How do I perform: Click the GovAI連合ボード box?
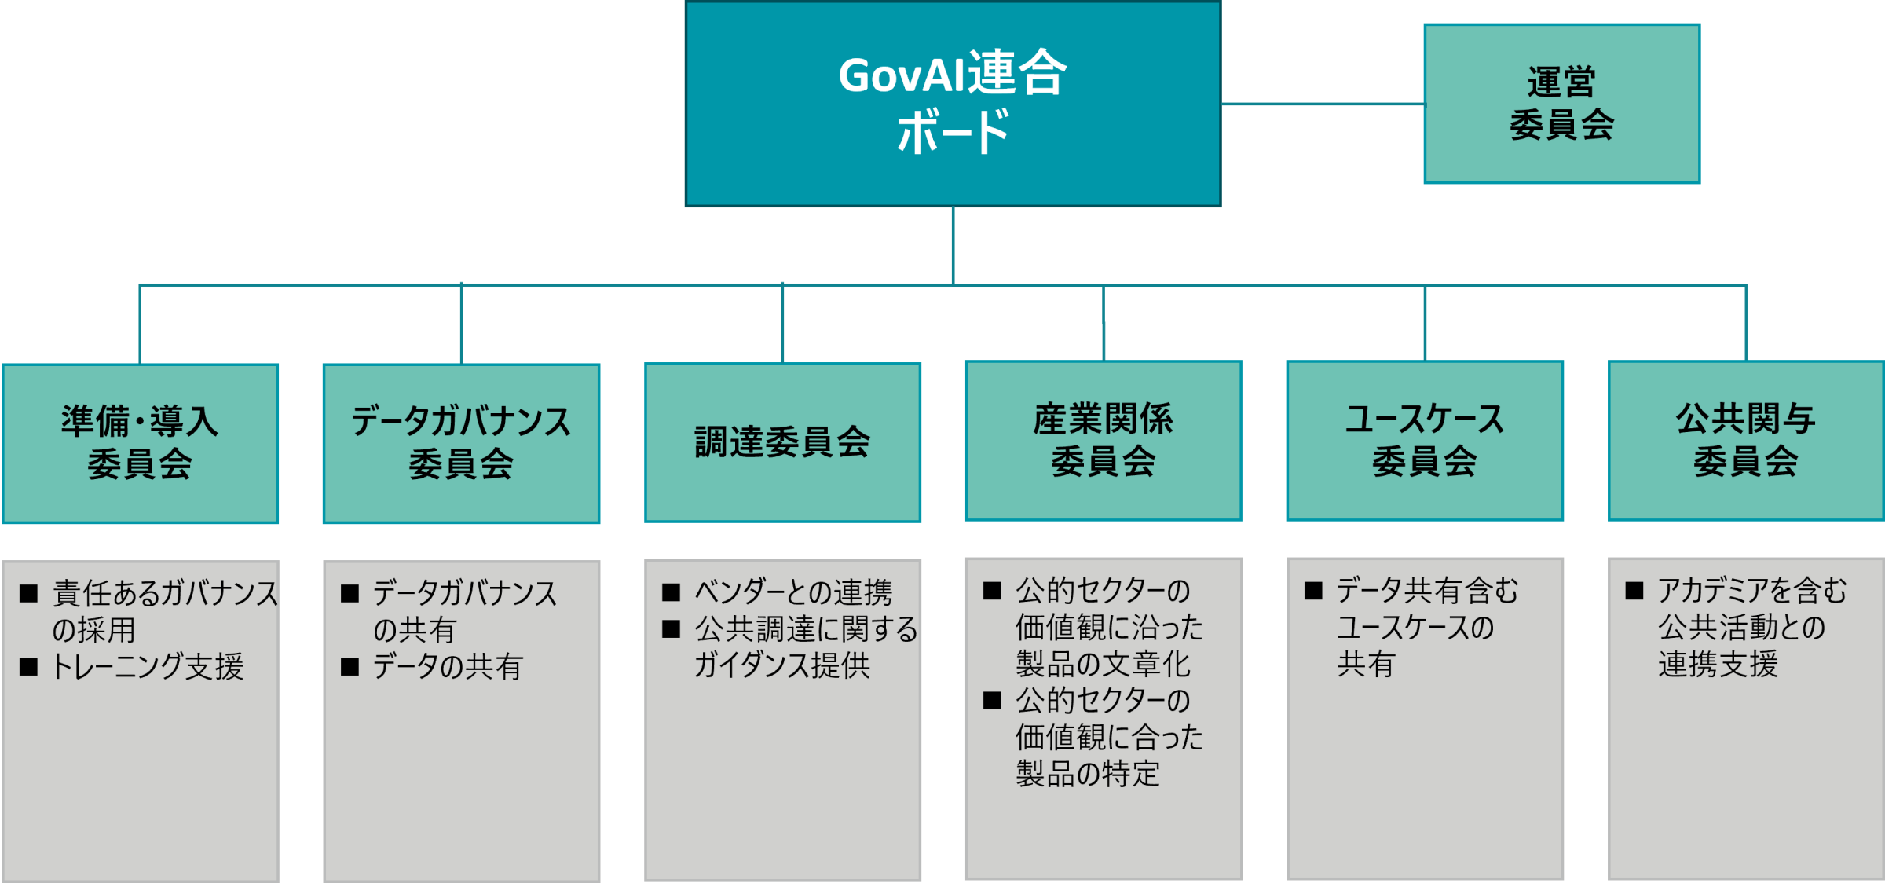pos(953,104)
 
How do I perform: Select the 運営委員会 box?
pos(1561,104)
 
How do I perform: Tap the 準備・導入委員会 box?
pos(141,443)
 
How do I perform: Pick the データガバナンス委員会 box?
pos(461,443)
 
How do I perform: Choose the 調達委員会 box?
pos(782,442)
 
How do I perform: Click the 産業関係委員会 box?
pos(1104,441)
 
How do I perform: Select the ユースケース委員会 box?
pos(1425,441)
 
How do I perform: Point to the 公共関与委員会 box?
pos(1746,441)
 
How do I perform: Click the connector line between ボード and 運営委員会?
pos(1323,104)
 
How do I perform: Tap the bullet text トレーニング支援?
pos(148,667)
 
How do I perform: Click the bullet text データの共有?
pos(448,667)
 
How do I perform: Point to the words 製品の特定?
pos(1088,774)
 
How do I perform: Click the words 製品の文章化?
pos(1104,665)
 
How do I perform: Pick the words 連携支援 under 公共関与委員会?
pos(1718,665)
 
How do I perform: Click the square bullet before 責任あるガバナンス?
pos(29,593)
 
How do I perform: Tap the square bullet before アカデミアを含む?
pos(1634,591)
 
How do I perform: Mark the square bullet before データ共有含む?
pos(1313,591)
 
